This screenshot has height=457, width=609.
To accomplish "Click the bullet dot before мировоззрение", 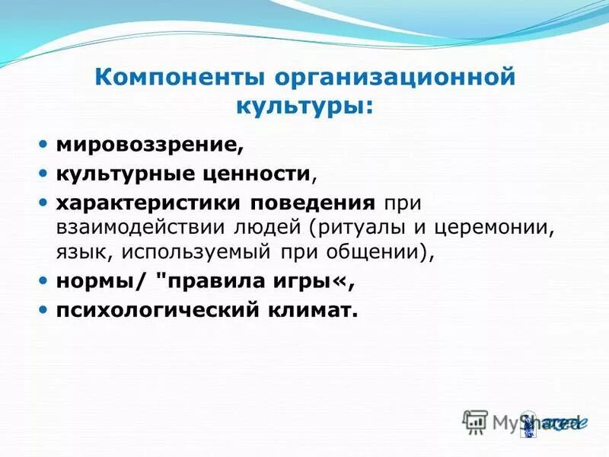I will (43, 143).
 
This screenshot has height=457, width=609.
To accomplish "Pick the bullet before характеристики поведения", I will (43, 204).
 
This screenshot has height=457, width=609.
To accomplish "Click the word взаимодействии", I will (129, 227).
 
